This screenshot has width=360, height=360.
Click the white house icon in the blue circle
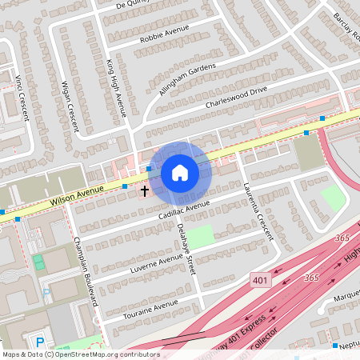179,173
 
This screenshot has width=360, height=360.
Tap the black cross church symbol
145,191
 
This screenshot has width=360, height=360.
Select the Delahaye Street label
185,247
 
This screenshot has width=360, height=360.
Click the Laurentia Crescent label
258,211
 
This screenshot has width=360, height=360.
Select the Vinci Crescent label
21,99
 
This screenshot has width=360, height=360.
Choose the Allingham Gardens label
188,80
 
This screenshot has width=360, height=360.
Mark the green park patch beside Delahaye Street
202,235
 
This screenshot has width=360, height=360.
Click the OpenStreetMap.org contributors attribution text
109,354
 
